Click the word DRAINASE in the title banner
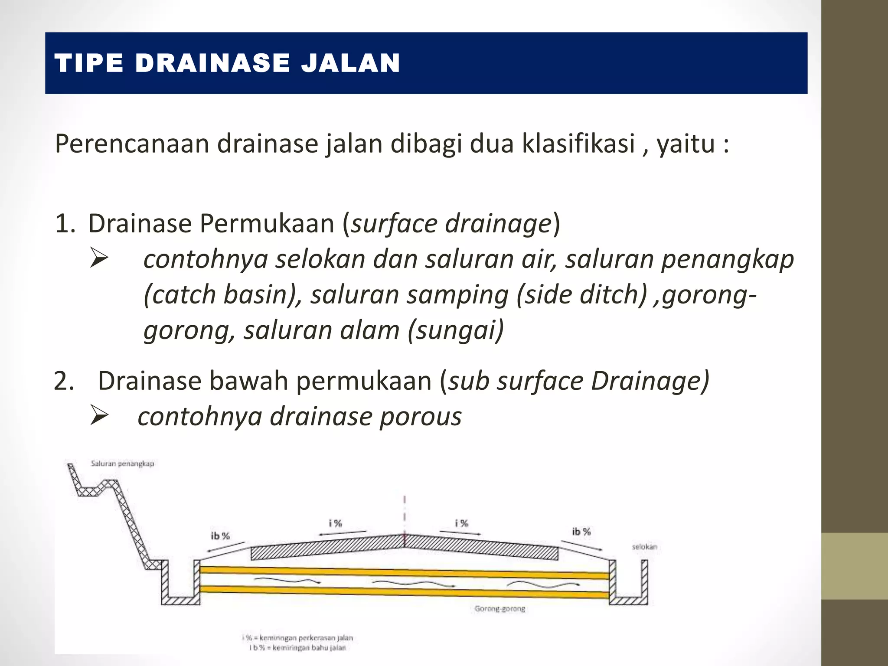(212, 63)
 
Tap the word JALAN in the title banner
(350, 63)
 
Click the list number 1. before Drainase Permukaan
(65, 224)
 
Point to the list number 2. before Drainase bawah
(64, 382)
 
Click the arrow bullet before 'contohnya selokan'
(99, 259)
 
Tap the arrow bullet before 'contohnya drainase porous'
(99, 416)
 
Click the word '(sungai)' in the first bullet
(456, 330)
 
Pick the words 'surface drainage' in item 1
(451, 224)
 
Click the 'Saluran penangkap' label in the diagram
(122, 464)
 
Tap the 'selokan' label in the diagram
(644, 547)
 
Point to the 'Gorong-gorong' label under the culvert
(499, 609)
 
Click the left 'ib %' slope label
(220, 536)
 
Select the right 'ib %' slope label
(581, 532)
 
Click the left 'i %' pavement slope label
(335, 523)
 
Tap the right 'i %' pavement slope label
(461, 523)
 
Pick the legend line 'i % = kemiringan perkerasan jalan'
(297, 638)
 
